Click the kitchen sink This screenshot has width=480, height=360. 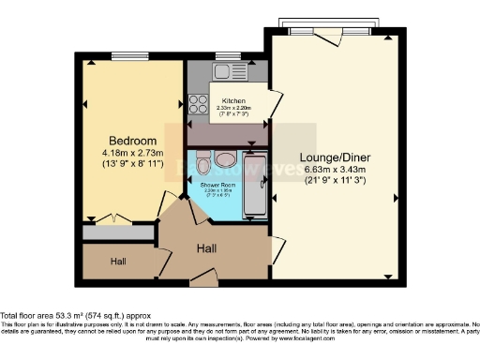click(x=225, y=72)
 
